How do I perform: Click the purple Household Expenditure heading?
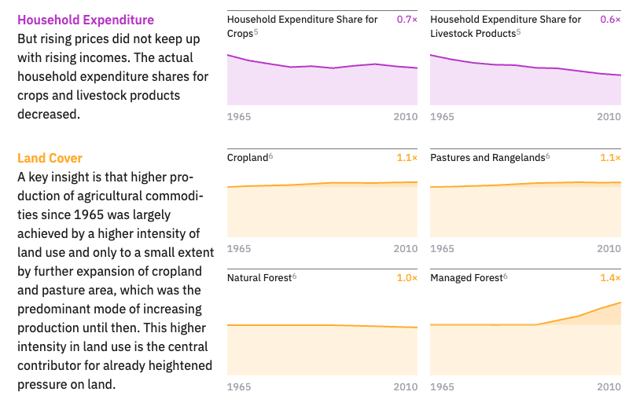(x=86, y=20)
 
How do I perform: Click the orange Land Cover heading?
(x=50, y=158)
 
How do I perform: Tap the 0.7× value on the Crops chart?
(x=406, y=20)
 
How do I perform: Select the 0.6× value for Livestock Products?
(x=610, y=20)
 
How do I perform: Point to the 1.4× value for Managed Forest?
(x=610, y=278)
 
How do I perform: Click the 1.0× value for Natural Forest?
(x=406, y=278)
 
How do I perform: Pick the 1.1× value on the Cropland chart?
(x=406, y=158)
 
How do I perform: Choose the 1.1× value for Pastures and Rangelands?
(x=610, y=158)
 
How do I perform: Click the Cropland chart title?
(x=248, y=158)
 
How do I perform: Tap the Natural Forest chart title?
(x=259, y=278)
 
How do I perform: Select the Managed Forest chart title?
(x=466, y=278)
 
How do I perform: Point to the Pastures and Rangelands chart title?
(x=487, y=158)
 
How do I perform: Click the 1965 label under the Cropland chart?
(x=239, y=249)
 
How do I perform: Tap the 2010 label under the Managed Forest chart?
(x=609, y=387)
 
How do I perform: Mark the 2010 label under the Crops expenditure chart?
(x=406, y=117)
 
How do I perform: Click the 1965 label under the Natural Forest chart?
(x=239, y=387)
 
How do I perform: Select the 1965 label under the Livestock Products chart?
(x=443, y=117)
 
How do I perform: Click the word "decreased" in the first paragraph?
(x=47, y=115)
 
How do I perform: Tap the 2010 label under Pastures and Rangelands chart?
(x=609, y=249)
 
